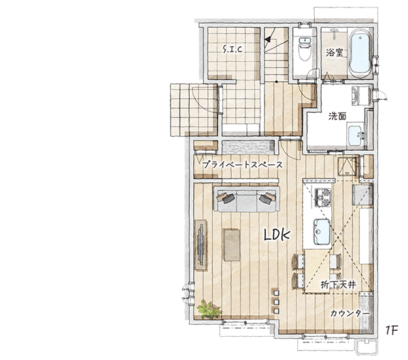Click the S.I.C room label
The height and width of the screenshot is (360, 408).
pos(233,49)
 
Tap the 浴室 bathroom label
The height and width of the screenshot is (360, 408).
pos(335,53)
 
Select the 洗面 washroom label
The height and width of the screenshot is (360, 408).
pos(337,116)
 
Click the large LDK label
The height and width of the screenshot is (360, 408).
pos(277,235)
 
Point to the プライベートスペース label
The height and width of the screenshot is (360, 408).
pos(242,165)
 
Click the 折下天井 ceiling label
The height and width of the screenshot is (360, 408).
pos(338,285)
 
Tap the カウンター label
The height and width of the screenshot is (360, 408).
pos(350,314)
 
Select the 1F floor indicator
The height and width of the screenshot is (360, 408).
pos(392,330)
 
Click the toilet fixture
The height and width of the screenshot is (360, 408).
pos(305,49)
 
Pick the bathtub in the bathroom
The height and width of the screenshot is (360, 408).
pos(360,54)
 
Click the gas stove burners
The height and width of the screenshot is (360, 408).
pos(323,197)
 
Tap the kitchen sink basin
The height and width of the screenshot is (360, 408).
pos(322,232)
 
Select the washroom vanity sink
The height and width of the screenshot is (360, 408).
pos(356,136)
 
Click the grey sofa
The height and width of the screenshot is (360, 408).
pos(247,199)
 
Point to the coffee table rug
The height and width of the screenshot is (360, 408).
pos(232,245)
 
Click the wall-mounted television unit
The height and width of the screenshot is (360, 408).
pos(201,245)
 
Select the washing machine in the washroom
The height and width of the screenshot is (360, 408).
pos(361,95)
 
